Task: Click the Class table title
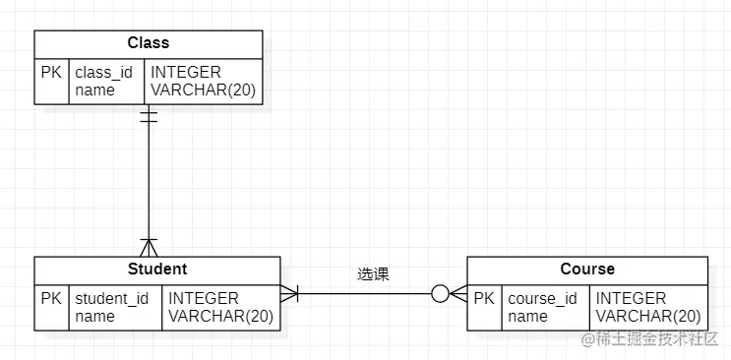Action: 149,43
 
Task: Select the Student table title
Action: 157,270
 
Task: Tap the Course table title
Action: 587,270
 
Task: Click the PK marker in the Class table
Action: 51,73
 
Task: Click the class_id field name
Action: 103,73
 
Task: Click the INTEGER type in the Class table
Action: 186,73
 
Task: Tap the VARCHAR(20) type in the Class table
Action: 203,90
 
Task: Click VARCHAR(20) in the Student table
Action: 220,317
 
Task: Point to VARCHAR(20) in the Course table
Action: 648,317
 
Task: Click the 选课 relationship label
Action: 373,274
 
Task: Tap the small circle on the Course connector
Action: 440,293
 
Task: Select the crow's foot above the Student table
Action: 149,246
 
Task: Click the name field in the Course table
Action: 527,317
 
